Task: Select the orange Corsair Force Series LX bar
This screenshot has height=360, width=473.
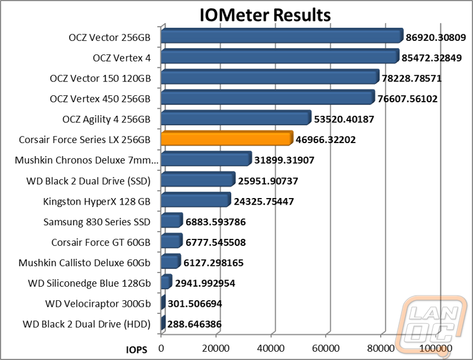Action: click(x=226, y=139)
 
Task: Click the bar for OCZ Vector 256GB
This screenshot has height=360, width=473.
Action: click(x=281, y=37)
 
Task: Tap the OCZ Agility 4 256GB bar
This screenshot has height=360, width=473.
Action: click(x=235, y=118)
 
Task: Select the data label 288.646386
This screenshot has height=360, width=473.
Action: click(x=193, y=325)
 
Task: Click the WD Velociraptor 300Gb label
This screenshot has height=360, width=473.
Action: click(x=98, y=304)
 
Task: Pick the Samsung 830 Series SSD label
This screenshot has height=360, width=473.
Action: click(x=97, y=222)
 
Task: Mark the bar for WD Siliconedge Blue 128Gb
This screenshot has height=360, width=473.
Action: click(x=166, y=282)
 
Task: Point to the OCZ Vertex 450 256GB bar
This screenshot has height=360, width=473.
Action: click(x=267, y=98)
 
